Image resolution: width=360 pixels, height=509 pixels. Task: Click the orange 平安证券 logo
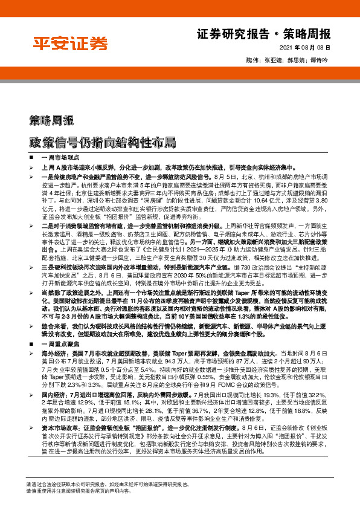point(70,44)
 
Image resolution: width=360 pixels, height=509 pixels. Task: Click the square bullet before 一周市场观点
point(31,157)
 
